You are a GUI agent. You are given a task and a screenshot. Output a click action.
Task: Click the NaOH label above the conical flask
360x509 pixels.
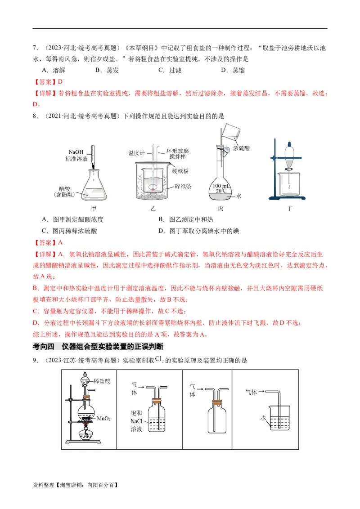[76, 152]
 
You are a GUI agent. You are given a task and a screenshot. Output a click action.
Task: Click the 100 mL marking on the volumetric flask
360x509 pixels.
[220, 186]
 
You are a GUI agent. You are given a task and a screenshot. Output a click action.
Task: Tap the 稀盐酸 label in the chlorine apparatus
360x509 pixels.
[102, 381]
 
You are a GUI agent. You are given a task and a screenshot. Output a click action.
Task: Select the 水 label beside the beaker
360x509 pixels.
[263, 418]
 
